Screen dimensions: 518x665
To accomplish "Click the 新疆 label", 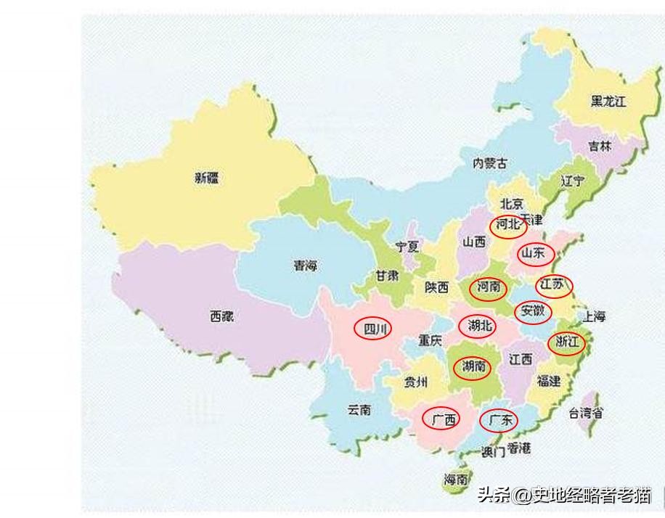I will pyautogui.click(x=206, y=178).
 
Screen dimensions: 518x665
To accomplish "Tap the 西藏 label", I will pyautogui.click(x=222, y=316).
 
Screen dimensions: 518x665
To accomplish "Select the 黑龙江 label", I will pyautogui.click(x=608, y=102).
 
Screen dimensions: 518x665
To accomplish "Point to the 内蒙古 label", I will pyautogui.click(x=490, y=163).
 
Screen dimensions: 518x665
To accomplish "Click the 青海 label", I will pyautogui.click(x=305, y=266).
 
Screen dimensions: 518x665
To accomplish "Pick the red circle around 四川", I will pyautogui.click(x=372, y=329).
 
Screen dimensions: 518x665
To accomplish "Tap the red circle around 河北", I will pyautogui.click(x=507, y=225).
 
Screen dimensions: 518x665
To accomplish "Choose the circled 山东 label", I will pyautogui.click(x=535, y=254).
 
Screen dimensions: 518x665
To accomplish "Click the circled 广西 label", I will pyautogui.click(x=441, y=419).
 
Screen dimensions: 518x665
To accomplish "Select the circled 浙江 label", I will pyautogui.click(x=566, y=342).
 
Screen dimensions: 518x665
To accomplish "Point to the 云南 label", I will pyautogui.click(x=359, y=410).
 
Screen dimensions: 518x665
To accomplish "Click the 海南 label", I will pyautogui.click(x=456, y=479).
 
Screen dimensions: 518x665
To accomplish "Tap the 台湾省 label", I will pyautogui.click(x=585, y=414).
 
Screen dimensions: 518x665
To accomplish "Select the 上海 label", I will pyautogui.click(x=593, y=316).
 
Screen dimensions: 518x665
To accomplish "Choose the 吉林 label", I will pyautogui.click(x=600, y=146).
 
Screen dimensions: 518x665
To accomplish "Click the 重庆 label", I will pyautogui.click(x=429, y=340).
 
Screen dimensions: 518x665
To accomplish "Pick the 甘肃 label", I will pyautogui.click(x=386, y=276).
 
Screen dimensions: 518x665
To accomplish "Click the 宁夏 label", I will pyautogui.click(x=407, y=247).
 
